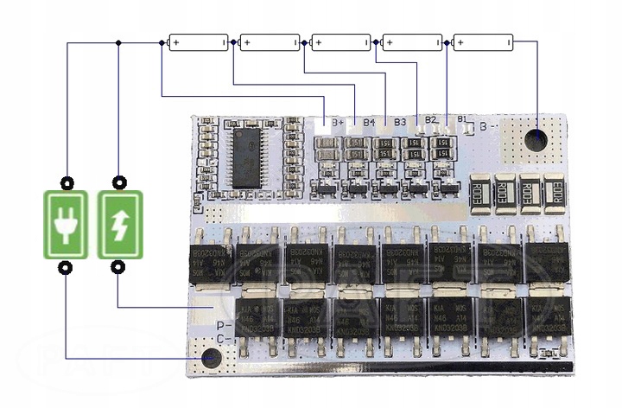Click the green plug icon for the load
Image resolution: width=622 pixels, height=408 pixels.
pos(65,225)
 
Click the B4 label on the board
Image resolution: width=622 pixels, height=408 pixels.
pos(369,122)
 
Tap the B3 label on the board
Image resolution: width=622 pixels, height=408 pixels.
pos(400,121)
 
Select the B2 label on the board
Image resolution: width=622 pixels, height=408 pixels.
pos(431,120)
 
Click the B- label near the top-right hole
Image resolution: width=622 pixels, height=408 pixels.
pos(488,124)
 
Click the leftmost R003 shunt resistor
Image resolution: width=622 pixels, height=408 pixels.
pos(480,193)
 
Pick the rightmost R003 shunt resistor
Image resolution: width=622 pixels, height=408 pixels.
pos(555,192)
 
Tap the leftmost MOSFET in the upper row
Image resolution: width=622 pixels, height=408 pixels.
pos(213,259)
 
